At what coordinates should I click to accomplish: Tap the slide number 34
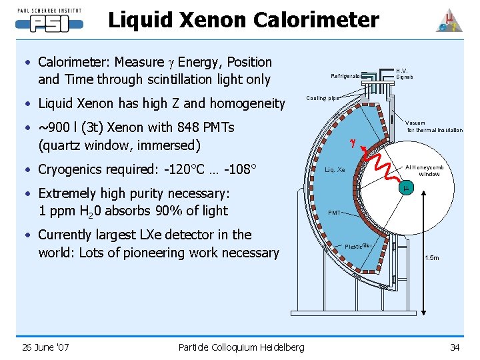(x=455, y=347)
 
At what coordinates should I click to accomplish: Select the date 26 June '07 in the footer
(x=45, y=347)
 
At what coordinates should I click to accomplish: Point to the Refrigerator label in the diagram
(x=346, y=76)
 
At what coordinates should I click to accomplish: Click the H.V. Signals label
(x=404, y=73)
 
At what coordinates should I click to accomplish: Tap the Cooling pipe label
(x=322, y=98)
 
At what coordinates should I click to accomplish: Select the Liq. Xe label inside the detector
(x=335, y=170)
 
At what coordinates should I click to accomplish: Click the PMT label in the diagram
(x=334, y=213)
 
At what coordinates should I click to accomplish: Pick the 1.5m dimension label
(x=432, y=257)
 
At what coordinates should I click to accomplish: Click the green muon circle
(x=405, y=189)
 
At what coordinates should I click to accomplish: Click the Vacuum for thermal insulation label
(x=434, y=127)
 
